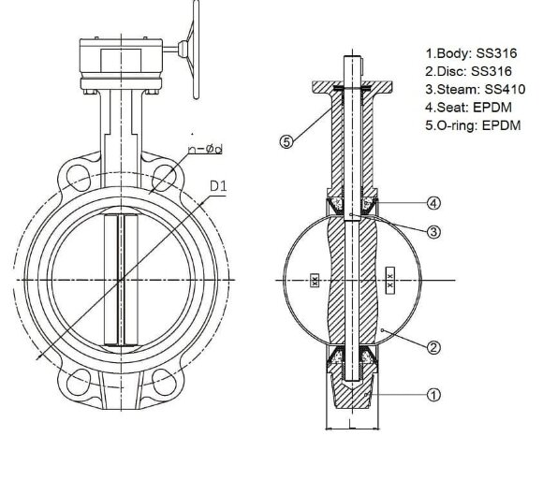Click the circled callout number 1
point(433,395)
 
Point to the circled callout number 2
point(433,348)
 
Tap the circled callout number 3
point(433,231)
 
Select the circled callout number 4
point(433,202)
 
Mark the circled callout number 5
point(287,142)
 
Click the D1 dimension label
point(219,186)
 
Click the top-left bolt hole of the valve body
point(73,178)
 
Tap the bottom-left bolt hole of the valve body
point(73,380)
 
